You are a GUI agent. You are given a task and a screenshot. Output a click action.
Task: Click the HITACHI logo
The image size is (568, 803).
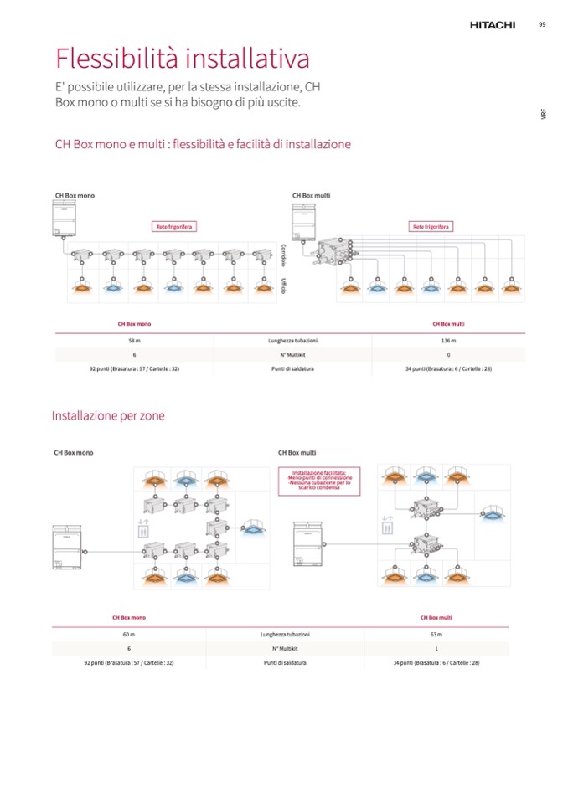click(492, 26)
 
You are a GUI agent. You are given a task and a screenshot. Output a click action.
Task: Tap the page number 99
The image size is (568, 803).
click(542, 24)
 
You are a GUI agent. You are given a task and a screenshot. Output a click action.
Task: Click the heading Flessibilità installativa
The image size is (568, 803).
click(183, 59)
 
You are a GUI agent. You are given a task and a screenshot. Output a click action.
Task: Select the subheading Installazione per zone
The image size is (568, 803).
click(108, 415)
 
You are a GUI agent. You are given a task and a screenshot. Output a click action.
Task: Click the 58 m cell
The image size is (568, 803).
click(134, 341)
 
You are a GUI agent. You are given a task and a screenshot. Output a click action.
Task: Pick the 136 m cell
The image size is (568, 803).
click(448, 341)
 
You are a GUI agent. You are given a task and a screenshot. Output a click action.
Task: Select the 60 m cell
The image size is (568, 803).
click(129, 635)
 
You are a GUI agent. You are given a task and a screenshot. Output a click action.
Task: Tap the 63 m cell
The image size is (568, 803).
click(436, 635)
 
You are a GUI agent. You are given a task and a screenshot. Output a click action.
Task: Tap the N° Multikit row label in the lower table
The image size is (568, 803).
click(284, 649)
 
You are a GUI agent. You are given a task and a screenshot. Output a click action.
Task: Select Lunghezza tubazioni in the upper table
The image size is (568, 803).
click(292, 341)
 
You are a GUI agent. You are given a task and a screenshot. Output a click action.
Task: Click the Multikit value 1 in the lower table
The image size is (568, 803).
click(436, 649)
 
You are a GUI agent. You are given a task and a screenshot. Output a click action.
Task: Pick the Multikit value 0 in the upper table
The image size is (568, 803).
click(448, 355)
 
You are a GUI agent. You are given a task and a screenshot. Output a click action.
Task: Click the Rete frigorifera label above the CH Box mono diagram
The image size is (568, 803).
click(174, 226)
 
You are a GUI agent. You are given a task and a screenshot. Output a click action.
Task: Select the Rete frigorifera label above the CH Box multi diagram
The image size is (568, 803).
click(431, 226)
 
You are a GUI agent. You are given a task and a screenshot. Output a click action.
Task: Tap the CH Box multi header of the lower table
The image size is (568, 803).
click(436, 617)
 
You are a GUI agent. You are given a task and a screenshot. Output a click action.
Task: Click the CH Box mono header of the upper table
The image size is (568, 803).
click(134, 323)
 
